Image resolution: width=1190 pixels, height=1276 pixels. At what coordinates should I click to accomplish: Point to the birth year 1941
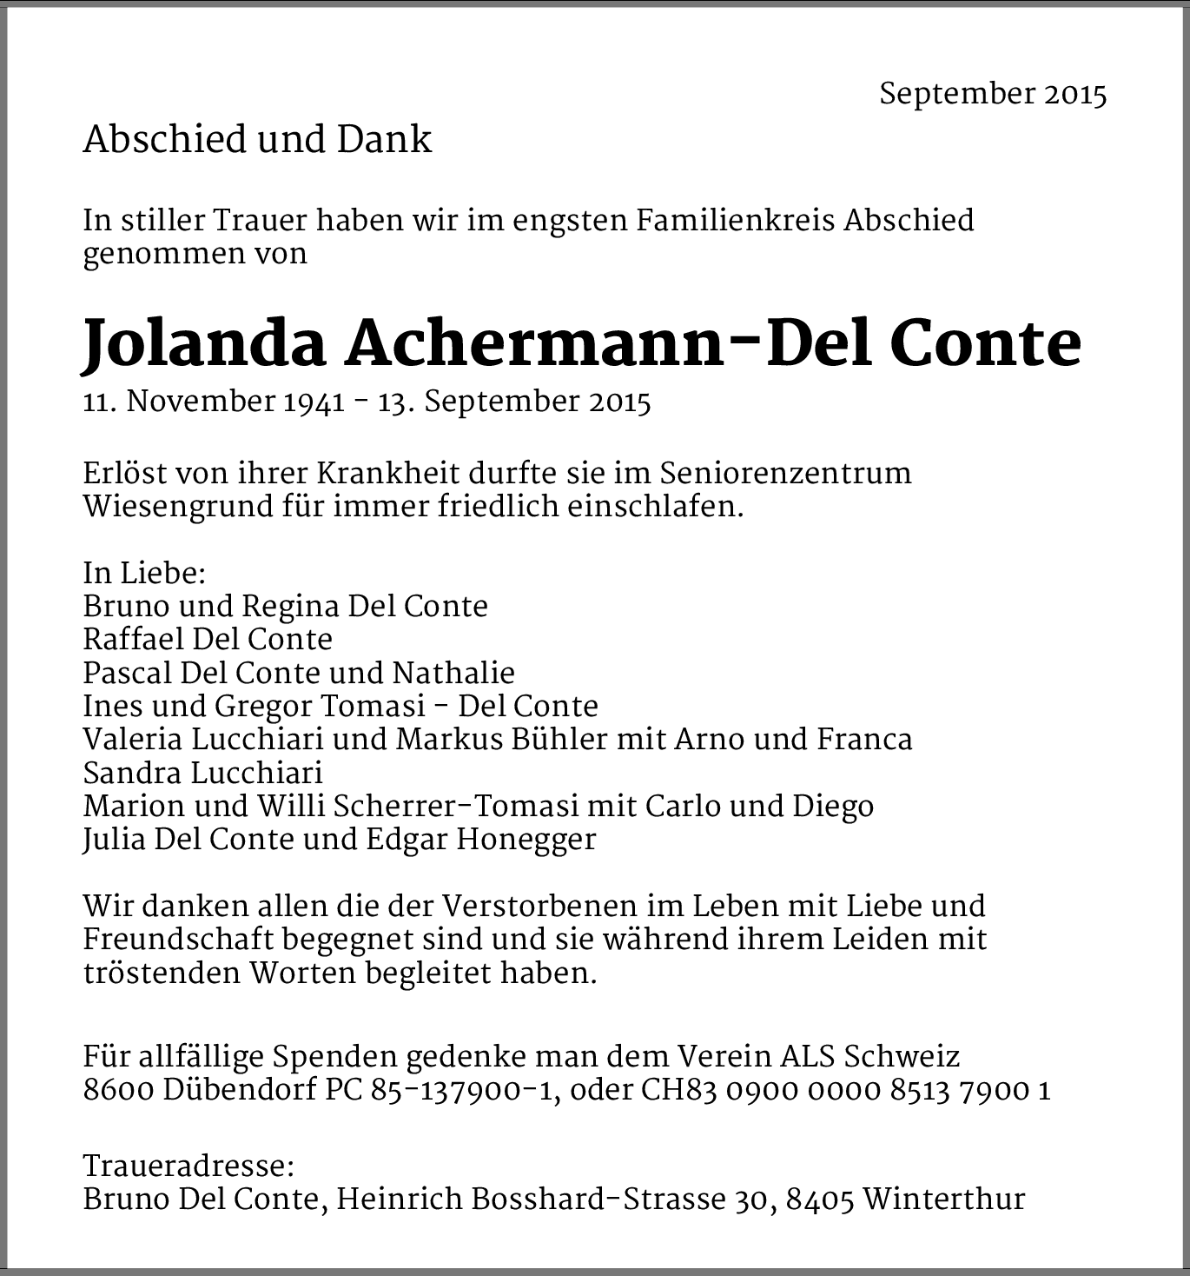[x=314, y=402]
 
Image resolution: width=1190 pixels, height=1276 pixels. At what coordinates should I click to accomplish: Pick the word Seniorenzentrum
[x=785, y=474]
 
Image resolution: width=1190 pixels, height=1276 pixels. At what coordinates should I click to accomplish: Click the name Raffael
[x=133, y=640]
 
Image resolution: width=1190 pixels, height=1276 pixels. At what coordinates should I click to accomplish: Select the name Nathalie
[x=453, y=673]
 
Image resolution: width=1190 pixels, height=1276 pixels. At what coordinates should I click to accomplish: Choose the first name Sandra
[x=132, y=773]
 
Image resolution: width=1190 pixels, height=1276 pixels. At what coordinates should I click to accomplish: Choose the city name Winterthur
[x=945, y=1200]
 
